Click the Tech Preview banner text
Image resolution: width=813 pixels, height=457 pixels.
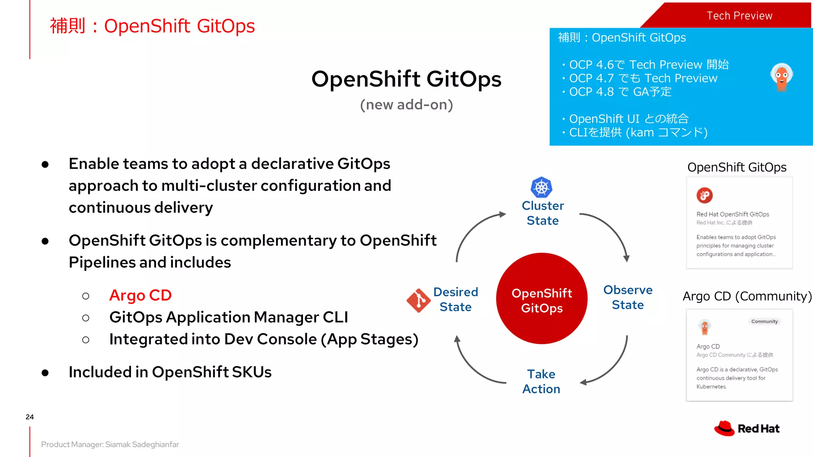[739, 16]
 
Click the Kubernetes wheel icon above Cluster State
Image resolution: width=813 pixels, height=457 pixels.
[541, 187]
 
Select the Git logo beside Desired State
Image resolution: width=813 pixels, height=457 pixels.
[418, 300]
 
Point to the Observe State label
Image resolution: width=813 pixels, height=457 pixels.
[628, 297]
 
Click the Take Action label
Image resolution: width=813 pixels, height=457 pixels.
[541, 381]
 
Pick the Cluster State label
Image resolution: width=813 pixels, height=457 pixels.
[542, 213]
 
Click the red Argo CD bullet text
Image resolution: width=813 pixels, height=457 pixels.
[140, 295]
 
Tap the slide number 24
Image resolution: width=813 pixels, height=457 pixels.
[30, 417]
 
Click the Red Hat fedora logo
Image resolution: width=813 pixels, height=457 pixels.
[724, 428]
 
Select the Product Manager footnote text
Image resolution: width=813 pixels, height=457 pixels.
[110, 444]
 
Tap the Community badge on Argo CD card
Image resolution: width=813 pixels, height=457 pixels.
[764, 321]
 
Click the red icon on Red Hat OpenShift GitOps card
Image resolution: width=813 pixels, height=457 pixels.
[705, 195]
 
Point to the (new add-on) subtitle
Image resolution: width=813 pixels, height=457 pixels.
[406, 105]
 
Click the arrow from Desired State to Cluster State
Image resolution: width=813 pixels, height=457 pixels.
[472, 230]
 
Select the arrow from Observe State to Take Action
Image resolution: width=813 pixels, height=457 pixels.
[613, 369]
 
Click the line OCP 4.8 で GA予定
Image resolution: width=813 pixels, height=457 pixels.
[620, 92]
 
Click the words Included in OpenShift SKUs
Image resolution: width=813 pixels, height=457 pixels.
[170, 372]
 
